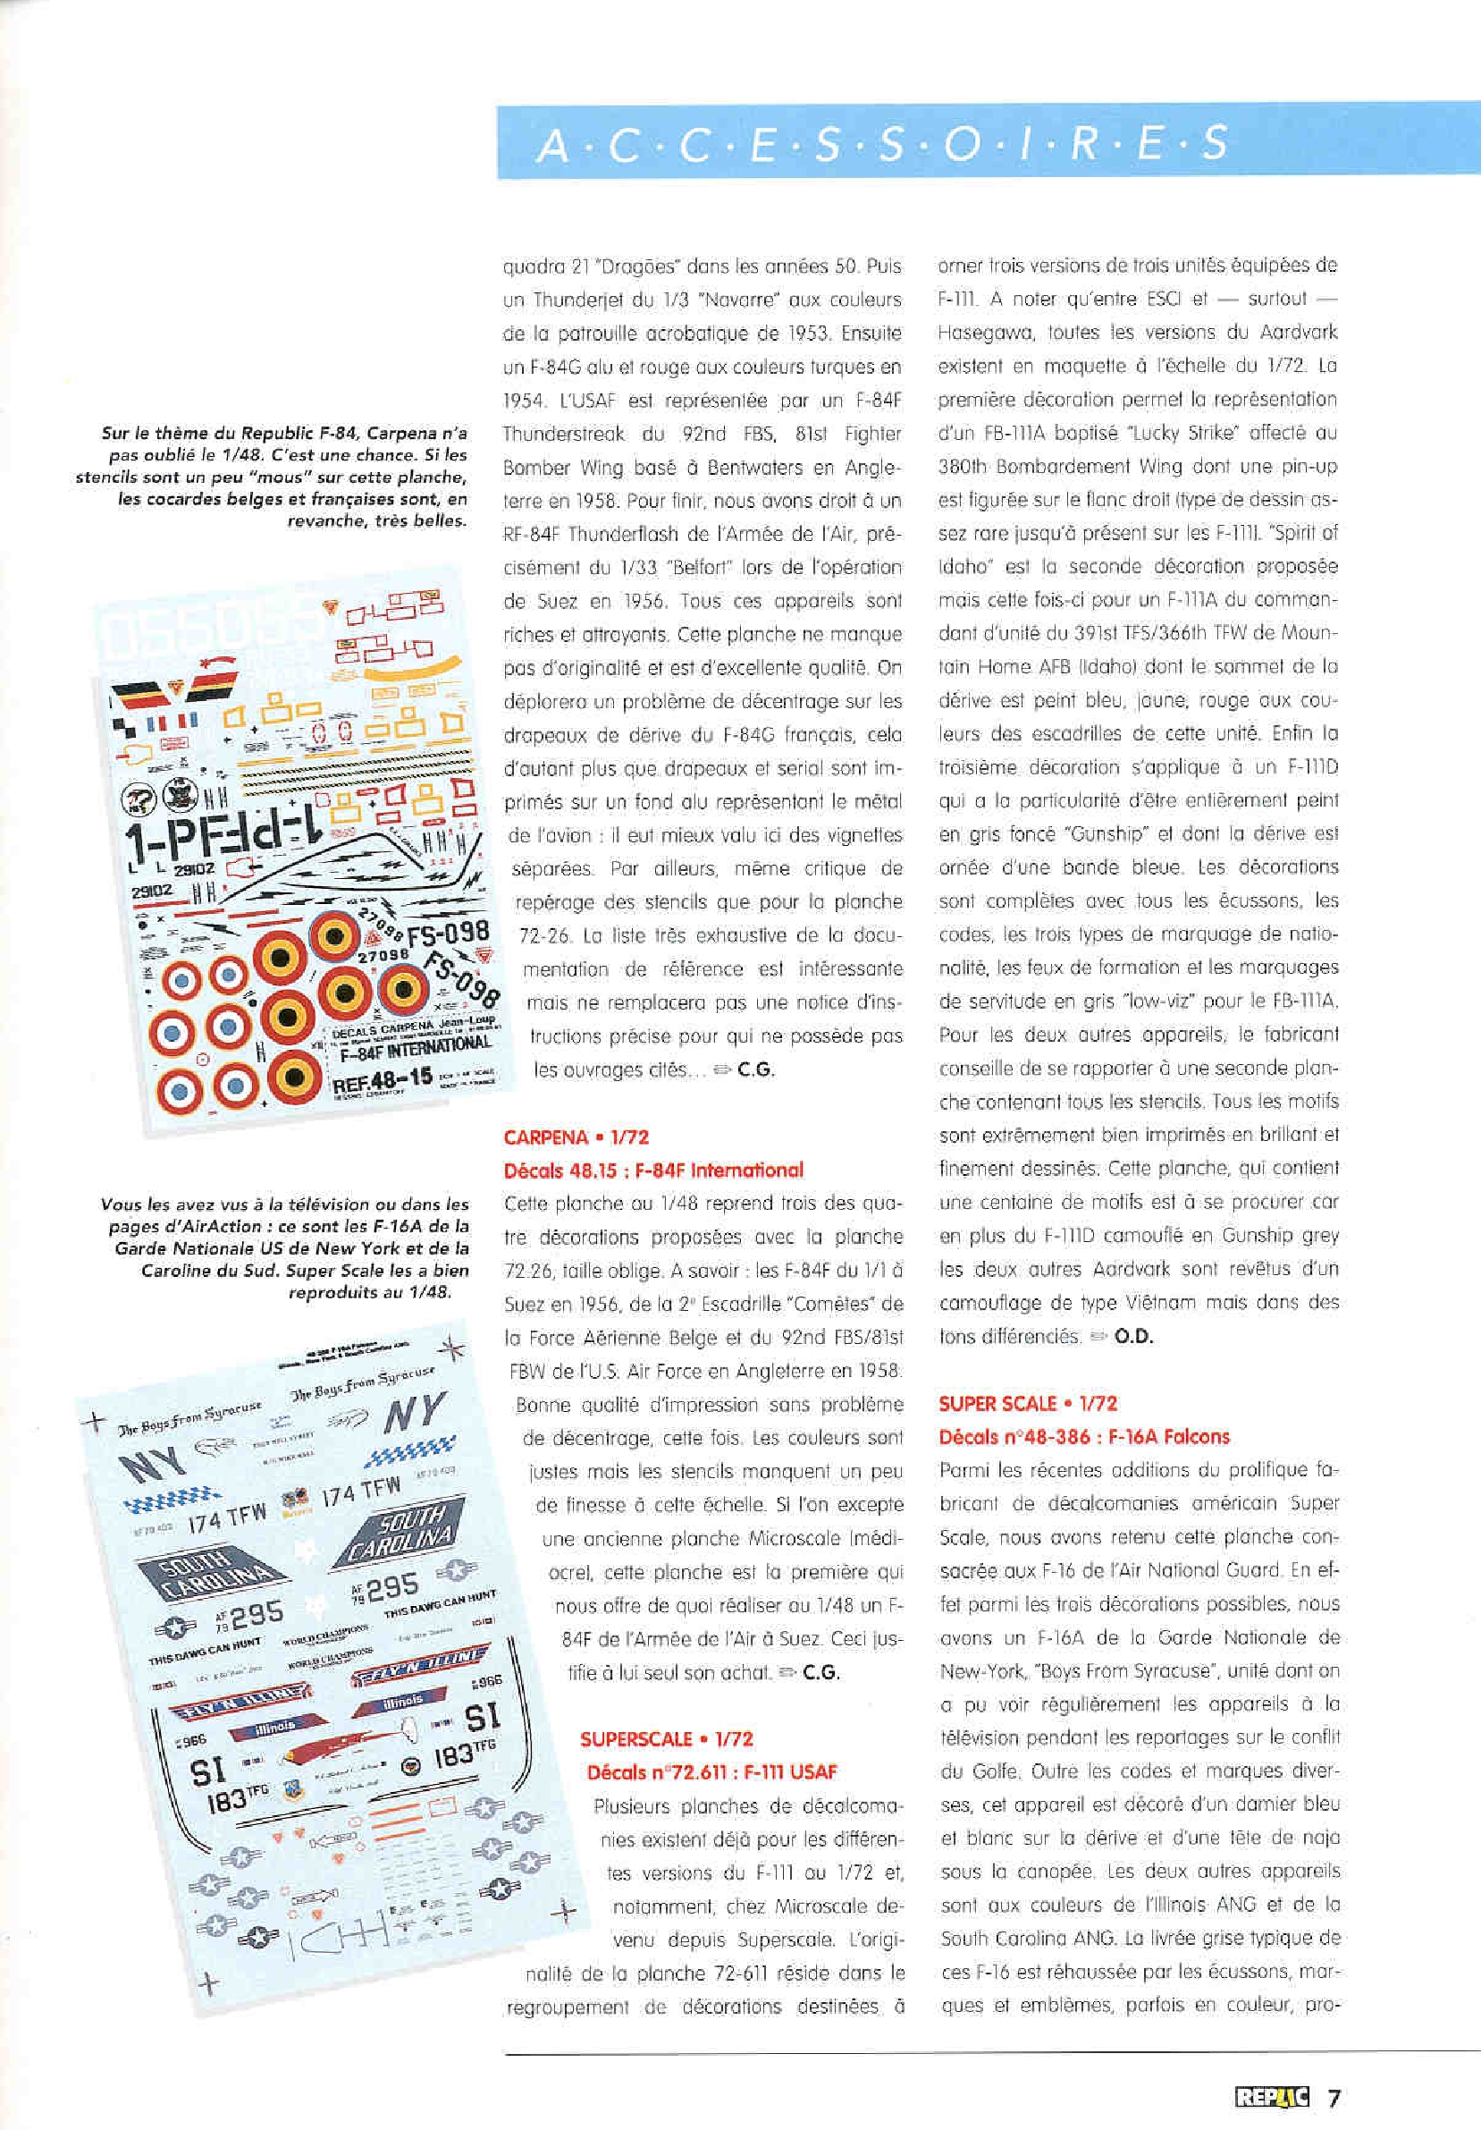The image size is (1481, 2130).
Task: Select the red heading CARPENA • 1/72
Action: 576,1137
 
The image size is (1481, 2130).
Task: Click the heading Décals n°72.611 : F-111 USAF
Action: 711,1772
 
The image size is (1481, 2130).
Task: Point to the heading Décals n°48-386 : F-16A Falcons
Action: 1083,1436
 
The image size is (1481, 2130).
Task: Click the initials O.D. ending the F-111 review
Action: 1132,1336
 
